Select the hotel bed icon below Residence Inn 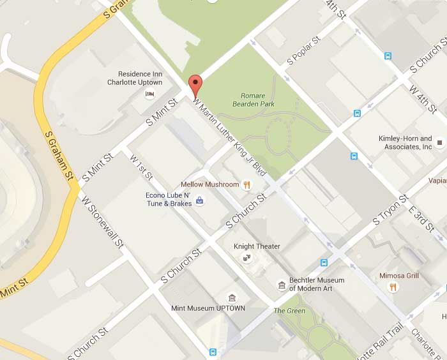click(150, 94)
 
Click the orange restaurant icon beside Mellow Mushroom click(246, 184)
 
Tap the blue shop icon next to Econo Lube click(200, 200)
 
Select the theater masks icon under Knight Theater click(246, 258)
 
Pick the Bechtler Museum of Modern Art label click(317, 284)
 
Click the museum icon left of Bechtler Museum click(281, 285)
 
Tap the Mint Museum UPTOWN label click(208, 308)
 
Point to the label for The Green click(289, 311)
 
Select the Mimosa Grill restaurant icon click(393, 287)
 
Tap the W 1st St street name click(141, 167)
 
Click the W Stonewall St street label click(102, 221)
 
